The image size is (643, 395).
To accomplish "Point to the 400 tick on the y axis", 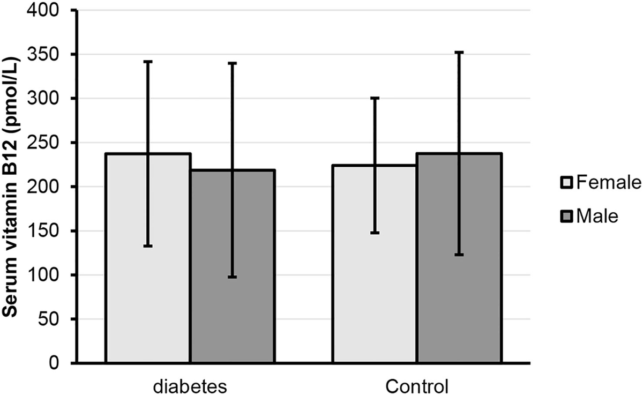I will pyautogui.click(x=47, y=11).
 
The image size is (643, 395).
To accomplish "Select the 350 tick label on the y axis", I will pyautogui.click(x=47, y=55).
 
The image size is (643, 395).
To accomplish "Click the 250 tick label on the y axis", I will pyautogui.click(x=47, y=143).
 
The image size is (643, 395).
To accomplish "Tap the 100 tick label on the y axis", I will pyautogui.click(x=47, y=275).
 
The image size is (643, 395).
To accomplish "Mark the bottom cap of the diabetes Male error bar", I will pyautogui.click(x=233, y=277).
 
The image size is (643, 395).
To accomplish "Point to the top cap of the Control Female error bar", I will pyautogui.click(x=375, y=98).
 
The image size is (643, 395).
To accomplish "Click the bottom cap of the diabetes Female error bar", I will pyautogui.click(x=148, y=246).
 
